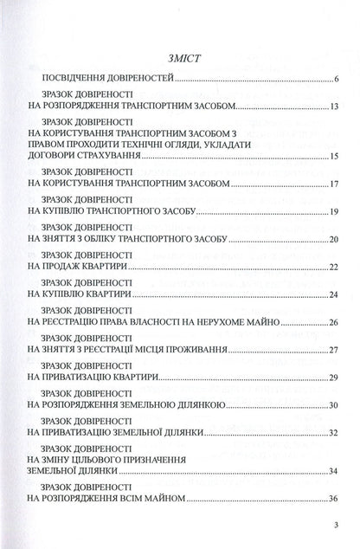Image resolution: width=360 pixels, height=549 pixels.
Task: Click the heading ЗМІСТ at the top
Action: click(x=180, y=59)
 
